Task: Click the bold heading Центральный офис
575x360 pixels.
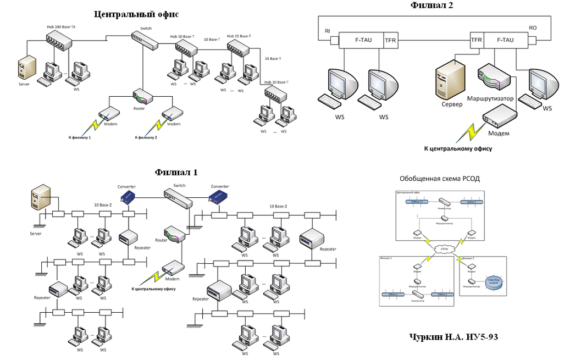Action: (136, 14)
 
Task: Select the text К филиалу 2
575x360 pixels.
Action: (143, 137)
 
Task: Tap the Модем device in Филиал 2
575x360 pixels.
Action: (499, 117)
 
